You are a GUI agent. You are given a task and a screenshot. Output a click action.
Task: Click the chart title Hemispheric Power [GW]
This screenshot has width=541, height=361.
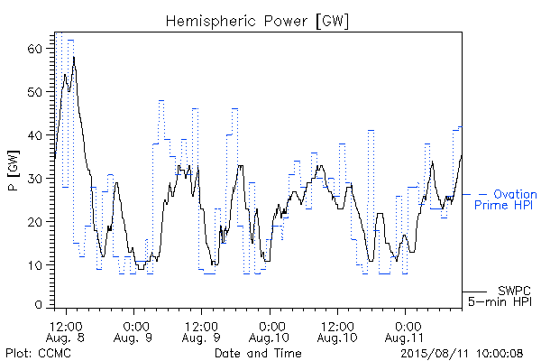[x=257, y=22]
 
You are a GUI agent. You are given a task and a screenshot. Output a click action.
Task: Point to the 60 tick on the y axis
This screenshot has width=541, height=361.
[x=34, y=49]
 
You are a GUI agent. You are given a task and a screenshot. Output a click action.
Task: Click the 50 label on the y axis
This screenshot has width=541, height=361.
[x=34, y=92]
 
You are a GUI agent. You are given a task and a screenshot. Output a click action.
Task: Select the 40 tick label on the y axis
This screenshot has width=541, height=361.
[x=34, y=135]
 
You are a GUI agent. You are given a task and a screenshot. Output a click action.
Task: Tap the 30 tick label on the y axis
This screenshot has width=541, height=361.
[x=34, y=179]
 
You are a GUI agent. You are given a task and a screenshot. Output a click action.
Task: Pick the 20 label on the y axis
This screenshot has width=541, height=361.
[x=34, y=221]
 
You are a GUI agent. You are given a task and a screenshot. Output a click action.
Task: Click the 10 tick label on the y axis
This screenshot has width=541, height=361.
[x=34, y=265]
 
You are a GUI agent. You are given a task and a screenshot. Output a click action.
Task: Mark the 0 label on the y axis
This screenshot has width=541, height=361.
[x=38, y=305]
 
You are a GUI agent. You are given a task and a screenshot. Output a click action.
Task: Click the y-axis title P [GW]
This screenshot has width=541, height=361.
[x=14, y=171]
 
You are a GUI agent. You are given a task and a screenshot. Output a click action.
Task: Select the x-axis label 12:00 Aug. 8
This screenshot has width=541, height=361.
[x=66, y=332]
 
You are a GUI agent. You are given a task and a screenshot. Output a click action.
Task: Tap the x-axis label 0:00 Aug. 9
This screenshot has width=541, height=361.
[x=133, y=332]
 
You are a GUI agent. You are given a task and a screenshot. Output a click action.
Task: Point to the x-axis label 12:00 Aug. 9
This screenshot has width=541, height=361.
[x=201, y=332]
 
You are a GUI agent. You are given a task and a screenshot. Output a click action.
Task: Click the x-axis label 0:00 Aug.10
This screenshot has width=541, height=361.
[x=269, y=332]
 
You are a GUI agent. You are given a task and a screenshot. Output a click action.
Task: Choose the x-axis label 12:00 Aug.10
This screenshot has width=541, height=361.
[x=337, y=332]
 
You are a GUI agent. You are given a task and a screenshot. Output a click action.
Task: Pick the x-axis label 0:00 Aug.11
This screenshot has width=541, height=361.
[x=405, y=332]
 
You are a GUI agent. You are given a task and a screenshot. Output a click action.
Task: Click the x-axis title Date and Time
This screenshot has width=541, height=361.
[x=258, y=353]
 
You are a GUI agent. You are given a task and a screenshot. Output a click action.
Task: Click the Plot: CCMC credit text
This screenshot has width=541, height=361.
[x=38, y=353]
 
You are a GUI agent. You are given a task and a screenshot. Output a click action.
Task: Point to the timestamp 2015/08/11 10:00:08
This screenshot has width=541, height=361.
[x=462, y=353]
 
